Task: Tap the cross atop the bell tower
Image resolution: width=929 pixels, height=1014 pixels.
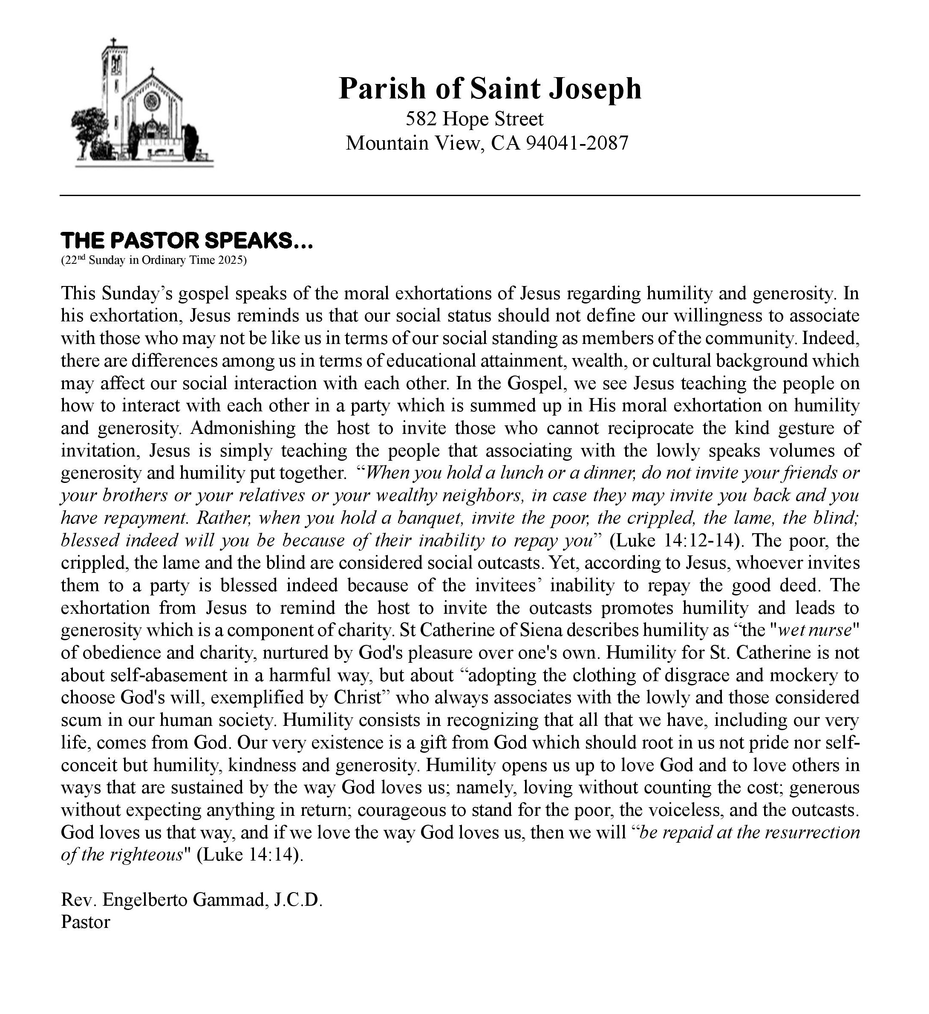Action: pyautogui.click(x=114, y=42)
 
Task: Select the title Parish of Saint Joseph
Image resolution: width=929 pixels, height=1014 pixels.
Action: pyautogui.click(x=490, y=89)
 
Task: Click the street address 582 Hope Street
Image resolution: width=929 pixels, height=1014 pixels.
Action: pyautogui.click(x=474, y=119)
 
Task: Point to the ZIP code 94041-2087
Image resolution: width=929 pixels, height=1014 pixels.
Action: pyautogui.click(x=577, y=143)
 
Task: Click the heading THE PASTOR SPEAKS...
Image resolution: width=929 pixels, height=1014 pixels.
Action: pyautogui.click(x=187, y=240)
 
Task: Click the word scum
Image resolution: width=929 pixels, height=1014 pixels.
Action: pyautogui.click(x=81, y=720)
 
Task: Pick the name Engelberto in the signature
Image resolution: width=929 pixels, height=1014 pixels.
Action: pyautogui.click(x=145, y=900)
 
